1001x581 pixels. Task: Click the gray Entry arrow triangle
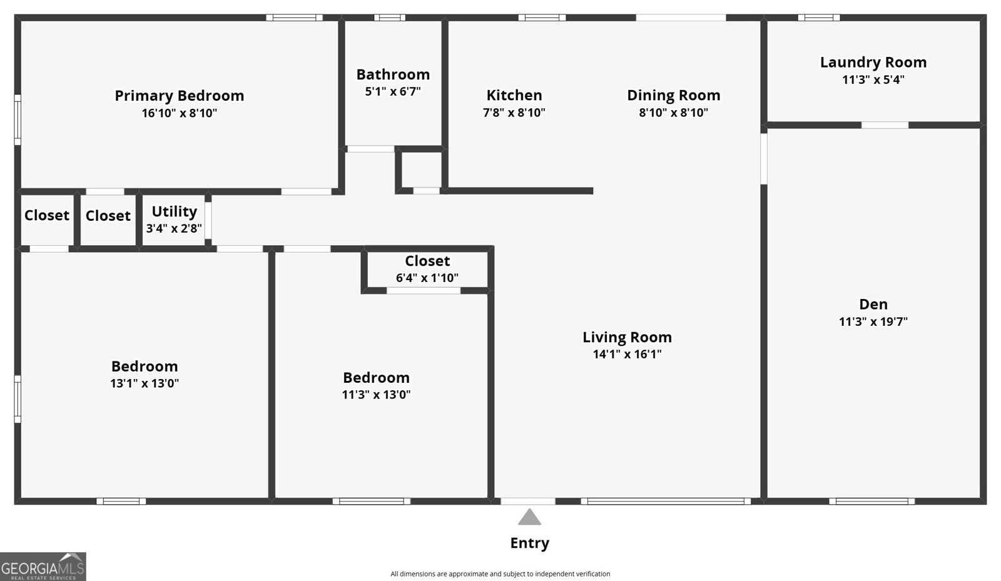(x=529, y=517)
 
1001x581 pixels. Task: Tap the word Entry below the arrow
(x=529, y=543)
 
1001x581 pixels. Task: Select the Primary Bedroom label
(x=179, y=96)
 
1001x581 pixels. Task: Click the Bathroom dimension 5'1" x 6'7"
(x=393, y=91)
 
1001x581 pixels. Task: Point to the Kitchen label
(x=514, y=95)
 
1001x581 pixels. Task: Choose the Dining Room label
(x=673, y=95)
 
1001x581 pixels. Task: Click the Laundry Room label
(x=873, y=62)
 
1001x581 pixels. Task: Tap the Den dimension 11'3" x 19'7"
(x=873, y=321)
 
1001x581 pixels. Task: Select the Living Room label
(x=627, y=337)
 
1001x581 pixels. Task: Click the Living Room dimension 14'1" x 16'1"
(x=627, y=354)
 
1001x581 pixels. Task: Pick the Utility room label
(x=175, y=211)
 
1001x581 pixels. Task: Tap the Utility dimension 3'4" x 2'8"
(x=175, y=229)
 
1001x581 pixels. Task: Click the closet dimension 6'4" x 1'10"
(x=427, y=278)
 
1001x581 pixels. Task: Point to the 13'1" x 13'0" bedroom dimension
(x=145, y=383)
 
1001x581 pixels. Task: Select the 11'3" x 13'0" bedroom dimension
(x=376, y=395)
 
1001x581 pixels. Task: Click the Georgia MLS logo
(x=43, y=567)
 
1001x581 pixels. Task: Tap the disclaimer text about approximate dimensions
(x=500, y=574)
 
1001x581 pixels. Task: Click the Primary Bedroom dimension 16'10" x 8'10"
(x=179, y=113)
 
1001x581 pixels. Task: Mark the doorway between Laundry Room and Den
(x=885, y=125)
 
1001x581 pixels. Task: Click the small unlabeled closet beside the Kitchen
(x=422, y=169)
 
